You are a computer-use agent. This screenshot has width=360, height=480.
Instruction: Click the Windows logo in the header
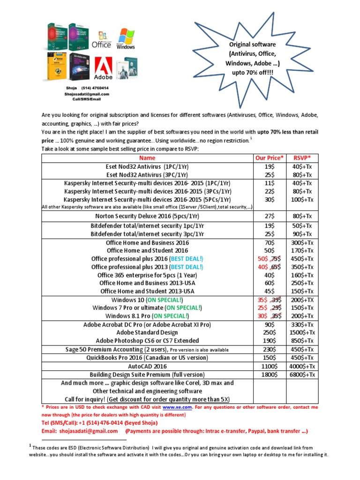(125, 39)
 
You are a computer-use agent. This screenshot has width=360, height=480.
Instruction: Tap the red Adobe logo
(104, 67)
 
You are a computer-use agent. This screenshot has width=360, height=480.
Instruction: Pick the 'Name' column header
(148, 158)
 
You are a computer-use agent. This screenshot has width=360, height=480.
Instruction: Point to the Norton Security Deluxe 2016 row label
(148, 216)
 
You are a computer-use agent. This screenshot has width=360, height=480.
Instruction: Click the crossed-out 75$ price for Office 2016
(277, 259)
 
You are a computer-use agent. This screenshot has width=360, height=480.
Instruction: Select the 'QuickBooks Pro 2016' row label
(148, 358)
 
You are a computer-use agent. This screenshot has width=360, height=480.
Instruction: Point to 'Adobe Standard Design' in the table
(148, 332)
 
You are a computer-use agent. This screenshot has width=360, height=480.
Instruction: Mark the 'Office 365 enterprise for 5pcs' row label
(148, 275)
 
